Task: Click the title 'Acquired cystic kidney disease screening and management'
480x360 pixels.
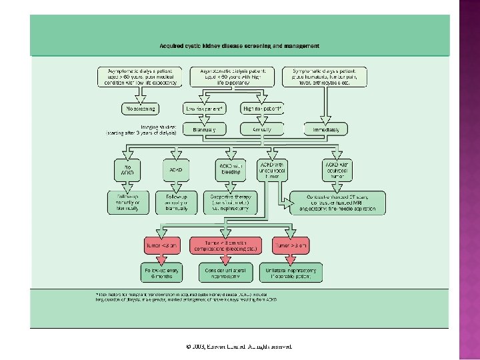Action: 239,46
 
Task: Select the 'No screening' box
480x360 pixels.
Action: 139,108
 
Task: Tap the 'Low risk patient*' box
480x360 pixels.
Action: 205,108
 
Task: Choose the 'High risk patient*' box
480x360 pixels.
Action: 262,108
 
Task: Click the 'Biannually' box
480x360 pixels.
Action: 205,129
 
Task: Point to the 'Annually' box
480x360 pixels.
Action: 262,129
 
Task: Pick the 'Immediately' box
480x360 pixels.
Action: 326,129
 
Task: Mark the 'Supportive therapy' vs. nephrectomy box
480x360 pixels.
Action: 229,202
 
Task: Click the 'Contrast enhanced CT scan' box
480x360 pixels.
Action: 338,202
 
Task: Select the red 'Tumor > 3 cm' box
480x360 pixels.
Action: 290,246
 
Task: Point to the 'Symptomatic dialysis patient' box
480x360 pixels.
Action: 325,76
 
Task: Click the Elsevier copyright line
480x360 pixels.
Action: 239,347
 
